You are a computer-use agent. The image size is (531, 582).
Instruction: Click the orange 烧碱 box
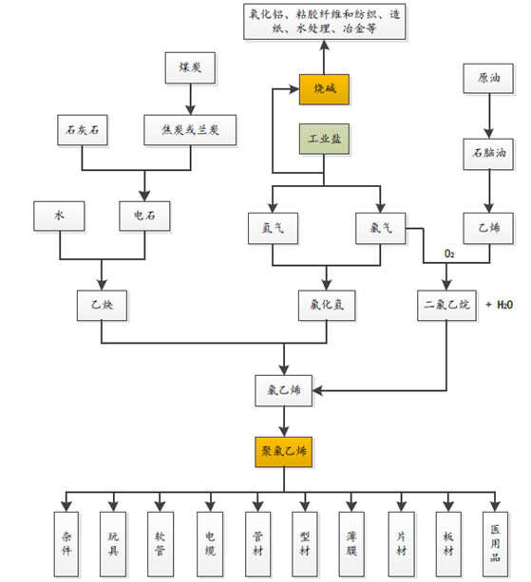coord(324,89)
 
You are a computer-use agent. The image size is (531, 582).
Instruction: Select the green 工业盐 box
coord(324,139)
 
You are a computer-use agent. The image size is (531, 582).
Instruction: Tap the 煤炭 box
coord(190,67)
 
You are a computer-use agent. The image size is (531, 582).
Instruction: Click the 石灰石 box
coord(83,130)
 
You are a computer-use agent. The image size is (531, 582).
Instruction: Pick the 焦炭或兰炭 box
coord(190,130)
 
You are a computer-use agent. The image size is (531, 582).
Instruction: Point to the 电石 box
coord(144,216)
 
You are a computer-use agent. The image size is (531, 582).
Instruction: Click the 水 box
coord(59,216)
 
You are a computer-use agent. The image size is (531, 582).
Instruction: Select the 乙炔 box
coord(103,306)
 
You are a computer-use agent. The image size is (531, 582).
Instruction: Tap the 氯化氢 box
coord(327,306)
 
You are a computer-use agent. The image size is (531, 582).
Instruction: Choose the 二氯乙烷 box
coord(446,306)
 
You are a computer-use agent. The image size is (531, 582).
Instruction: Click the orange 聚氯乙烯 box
coord(284,452)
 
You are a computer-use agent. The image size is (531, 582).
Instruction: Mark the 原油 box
coord(488,78)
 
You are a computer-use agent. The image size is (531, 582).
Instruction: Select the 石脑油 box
coord(488,154)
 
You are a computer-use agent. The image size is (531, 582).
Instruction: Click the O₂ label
coord(449,253)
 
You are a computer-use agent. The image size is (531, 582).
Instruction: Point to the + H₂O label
coord(500,305)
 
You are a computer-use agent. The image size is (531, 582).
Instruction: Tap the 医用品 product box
coord(495,544)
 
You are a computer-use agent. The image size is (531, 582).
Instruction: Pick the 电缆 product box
coord(210,544)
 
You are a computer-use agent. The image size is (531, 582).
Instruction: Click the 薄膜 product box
coord(351,544)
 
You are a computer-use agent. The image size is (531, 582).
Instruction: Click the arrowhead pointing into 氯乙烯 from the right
coord(317,390)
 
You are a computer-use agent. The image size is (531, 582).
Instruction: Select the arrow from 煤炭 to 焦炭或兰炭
coord(190,99)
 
